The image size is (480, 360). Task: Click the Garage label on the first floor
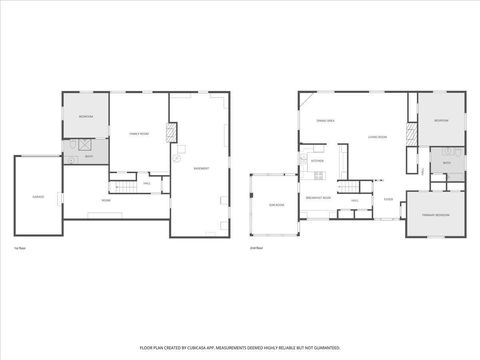point(37,196)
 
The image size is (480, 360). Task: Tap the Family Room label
point(138,133)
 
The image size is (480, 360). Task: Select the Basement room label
point(201,169)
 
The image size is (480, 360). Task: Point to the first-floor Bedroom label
point(86,117)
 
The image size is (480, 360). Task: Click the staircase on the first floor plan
point(125,188)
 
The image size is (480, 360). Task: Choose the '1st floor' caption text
point(19,247)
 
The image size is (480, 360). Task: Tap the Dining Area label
point(325,120)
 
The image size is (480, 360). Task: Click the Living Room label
point(377,137)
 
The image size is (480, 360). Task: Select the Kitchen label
point(317,161)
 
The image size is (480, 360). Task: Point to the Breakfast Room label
point(318,197)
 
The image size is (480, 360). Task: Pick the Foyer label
point(388,199)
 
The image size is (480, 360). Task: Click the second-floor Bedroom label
point(441,120)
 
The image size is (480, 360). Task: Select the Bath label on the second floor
point(447,162)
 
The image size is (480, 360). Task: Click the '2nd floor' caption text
point(255,247)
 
